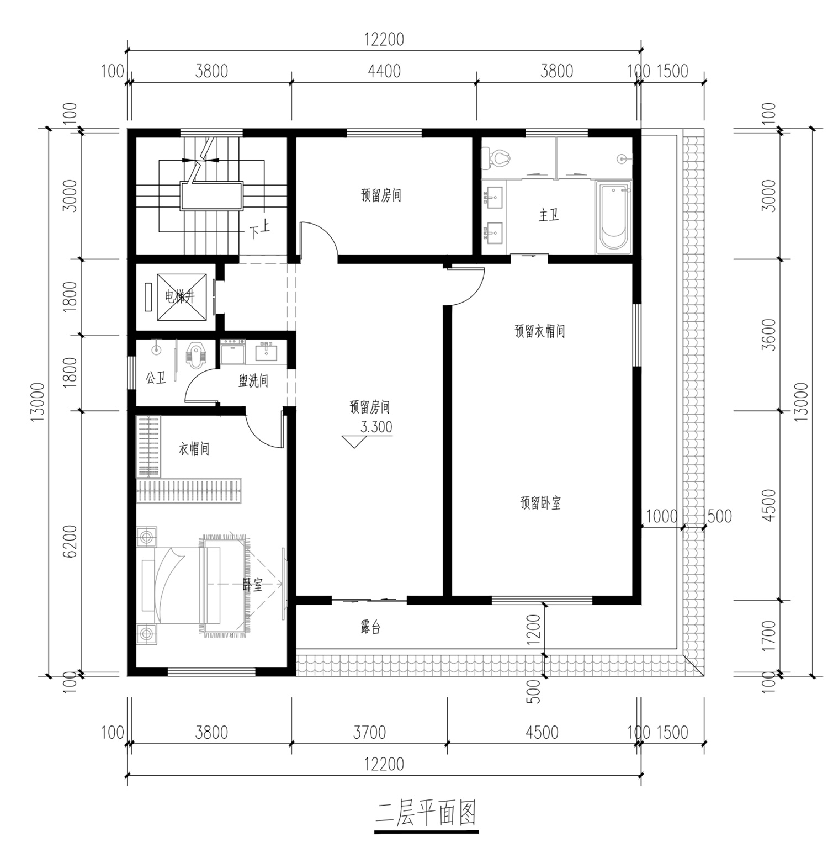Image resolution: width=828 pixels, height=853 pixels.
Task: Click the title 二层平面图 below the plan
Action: coord(426,813)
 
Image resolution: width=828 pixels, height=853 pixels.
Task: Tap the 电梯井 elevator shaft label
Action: coord(180,297)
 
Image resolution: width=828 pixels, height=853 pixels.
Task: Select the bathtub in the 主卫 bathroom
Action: coord(613,218)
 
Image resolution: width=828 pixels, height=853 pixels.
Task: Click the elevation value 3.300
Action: coord(376,427)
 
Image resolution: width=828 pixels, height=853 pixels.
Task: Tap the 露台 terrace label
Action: coord(370,627)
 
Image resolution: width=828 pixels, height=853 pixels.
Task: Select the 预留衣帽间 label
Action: coord(539,331)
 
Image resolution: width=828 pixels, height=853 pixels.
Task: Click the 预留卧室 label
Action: coord(540,503)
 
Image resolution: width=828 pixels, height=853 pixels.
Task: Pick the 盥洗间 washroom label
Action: coord(253,380)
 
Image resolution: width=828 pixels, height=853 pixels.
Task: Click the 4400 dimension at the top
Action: coord(384,71)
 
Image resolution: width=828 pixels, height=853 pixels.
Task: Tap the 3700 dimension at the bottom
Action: coord(369,733)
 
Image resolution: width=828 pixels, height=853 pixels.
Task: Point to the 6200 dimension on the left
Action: coord(70,542)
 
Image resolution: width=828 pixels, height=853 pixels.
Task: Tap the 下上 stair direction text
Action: coord(259,231)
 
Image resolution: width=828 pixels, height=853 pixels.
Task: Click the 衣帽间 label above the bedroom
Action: coord(194,449)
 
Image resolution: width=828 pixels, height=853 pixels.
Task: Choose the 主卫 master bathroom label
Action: coord(549,215)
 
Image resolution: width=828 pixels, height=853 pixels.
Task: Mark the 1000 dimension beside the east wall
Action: coord(661,516)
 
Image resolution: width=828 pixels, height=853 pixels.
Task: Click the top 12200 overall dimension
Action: coord(384,40)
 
